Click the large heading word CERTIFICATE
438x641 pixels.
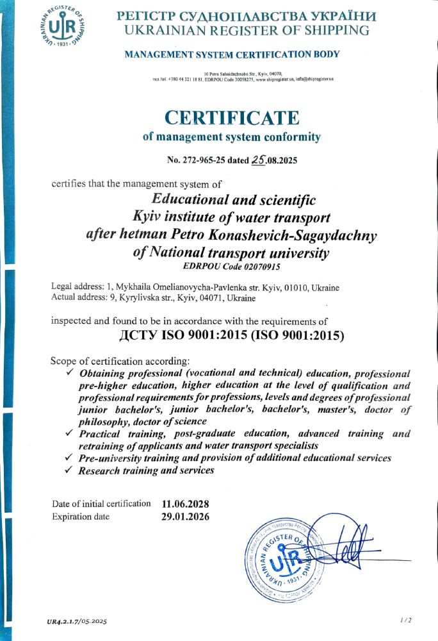coord(232,118)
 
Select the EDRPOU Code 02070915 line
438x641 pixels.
coord(231,265)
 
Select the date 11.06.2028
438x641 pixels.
coord(186,504)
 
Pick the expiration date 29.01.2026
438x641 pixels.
coord(186,517)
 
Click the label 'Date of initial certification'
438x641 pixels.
coord(101,504)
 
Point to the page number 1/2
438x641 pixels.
coord(405,619)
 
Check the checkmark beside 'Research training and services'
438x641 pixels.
coord(70,470)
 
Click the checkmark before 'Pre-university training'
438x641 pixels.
coord(70,458)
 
